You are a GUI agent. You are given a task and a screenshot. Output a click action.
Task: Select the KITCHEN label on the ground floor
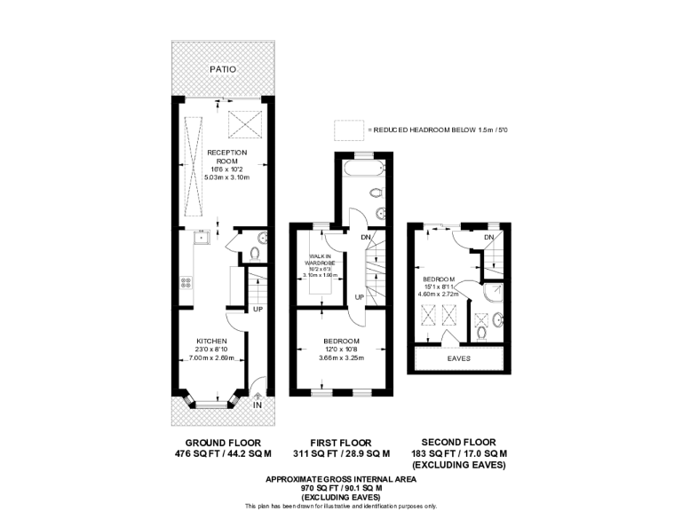point(211,341)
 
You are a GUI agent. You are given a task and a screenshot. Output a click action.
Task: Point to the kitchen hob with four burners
point(186,283)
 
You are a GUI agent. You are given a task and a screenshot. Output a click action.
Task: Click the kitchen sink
point(201,237)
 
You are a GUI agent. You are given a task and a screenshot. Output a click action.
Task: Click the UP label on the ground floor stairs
point(257,310)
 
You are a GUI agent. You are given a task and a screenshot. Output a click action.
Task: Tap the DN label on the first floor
point(365,237)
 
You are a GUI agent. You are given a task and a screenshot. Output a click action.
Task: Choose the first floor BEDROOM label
point(341,342)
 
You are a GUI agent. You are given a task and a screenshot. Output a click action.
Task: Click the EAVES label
point(459,358)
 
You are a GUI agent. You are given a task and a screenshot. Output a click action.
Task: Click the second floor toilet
point(480,333)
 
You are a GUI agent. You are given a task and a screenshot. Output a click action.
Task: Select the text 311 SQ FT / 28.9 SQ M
point(341,453)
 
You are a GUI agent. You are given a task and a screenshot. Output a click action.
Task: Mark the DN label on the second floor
point(488,238)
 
